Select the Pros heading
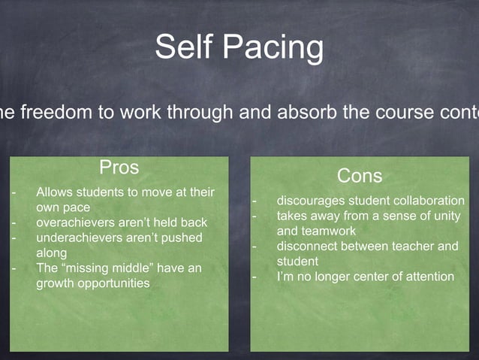119,165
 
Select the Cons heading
360,176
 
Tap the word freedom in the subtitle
53,114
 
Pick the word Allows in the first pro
55,192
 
